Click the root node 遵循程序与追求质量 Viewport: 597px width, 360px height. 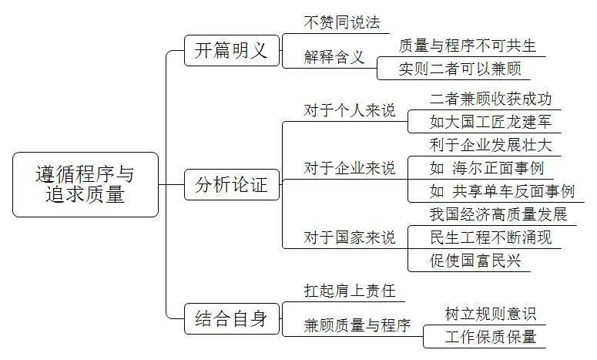86,185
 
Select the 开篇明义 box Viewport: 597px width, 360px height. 232,50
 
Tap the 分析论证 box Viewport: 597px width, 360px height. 232,185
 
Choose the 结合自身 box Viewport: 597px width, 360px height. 232,318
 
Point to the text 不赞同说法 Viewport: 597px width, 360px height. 342,22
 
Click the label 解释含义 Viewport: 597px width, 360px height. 334,57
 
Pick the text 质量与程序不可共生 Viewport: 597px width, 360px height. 468,45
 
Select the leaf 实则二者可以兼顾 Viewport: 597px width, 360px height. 460,69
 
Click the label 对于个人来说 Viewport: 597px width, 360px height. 350,110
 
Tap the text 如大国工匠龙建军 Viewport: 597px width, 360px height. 491,122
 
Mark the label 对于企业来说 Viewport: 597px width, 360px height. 350,168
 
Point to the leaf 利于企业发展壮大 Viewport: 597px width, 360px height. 491,145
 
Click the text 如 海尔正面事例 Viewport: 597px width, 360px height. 487,168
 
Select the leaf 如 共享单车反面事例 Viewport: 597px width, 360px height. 501,191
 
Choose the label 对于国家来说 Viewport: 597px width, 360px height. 350,237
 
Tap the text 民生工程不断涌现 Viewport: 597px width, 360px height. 491,237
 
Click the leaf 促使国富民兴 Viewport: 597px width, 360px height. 475,261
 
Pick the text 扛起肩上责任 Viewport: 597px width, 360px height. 350,291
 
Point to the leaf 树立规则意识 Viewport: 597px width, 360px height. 491,314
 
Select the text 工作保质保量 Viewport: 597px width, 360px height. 491,337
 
